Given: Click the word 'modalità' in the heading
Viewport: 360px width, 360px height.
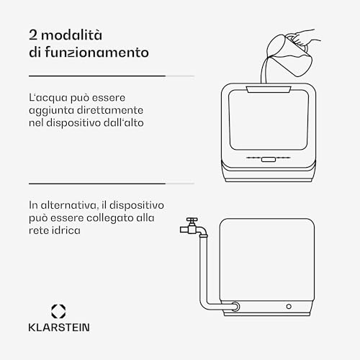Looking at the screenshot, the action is pos(72,35).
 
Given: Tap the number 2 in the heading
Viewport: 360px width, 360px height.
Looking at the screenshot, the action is pos(33,35).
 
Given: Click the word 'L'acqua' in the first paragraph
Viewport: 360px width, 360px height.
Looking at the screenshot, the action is pos(48,99).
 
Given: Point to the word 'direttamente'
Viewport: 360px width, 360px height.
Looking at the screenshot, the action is pos(110,110).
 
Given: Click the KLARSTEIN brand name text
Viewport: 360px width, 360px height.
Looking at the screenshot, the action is pos(59,328).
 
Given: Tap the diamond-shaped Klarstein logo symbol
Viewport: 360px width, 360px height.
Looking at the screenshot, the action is pos(58,311).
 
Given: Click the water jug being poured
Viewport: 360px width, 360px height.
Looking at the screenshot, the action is pos(289,55).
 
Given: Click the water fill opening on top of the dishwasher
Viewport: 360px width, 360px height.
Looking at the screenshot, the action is pos(269,89).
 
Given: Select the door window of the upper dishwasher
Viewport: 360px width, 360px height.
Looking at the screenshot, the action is pos(269,120).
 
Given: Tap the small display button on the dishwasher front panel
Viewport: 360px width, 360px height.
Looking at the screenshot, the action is pos(269,159).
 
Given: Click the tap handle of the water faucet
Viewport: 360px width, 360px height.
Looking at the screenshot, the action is pos(192,220).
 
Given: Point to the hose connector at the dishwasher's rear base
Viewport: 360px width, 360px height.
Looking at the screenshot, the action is pos(235,307).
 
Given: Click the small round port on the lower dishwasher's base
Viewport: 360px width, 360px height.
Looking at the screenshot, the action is pos(289,307).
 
